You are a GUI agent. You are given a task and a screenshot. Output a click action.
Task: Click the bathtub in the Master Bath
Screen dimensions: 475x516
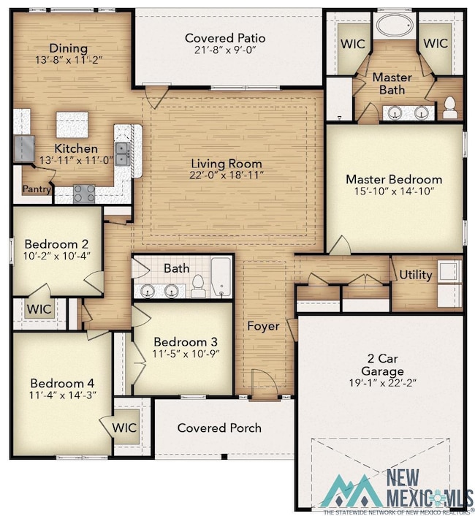pos(395,25)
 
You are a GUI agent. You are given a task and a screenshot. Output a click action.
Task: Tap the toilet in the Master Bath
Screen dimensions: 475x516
pos(449,107)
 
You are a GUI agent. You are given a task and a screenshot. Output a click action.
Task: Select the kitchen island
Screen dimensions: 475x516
pos(72,125)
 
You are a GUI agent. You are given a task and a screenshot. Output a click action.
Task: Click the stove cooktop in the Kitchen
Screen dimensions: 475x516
pos(84,194)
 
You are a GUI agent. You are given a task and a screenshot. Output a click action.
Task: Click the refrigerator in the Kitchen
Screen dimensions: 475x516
pos(24,148)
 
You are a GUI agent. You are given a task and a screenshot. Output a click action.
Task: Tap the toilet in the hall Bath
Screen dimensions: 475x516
pos(198,287)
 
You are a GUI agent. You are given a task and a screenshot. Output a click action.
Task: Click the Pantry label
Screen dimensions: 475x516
pos(37,189)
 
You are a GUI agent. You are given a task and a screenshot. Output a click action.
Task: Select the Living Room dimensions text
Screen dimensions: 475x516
pos(227,175)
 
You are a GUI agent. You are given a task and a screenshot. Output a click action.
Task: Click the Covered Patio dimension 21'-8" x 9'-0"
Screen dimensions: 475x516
pos(225,50)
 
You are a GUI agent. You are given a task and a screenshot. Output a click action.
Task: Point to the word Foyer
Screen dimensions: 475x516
pos(263,326)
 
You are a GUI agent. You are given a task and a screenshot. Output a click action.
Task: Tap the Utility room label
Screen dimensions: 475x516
pos(416,275)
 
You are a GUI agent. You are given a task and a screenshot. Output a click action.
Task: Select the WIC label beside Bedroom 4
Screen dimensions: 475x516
pos(124,428)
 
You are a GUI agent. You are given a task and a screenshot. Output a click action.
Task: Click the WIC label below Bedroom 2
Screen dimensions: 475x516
pos(39,309)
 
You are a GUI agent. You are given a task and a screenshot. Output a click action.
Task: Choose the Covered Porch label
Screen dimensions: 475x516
pos(219,428)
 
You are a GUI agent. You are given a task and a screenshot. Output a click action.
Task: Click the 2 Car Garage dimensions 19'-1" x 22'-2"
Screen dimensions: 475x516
pos(383,383)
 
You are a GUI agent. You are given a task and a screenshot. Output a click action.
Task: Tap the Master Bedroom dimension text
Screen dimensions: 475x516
pos(394,191)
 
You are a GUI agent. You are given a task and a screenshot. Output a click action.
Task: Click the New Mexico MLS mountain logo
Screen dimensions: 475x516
pos(350,491)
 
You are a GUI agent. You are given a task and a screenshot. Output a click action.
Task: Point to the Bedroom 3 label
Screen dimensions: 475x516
pos(186,342)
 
